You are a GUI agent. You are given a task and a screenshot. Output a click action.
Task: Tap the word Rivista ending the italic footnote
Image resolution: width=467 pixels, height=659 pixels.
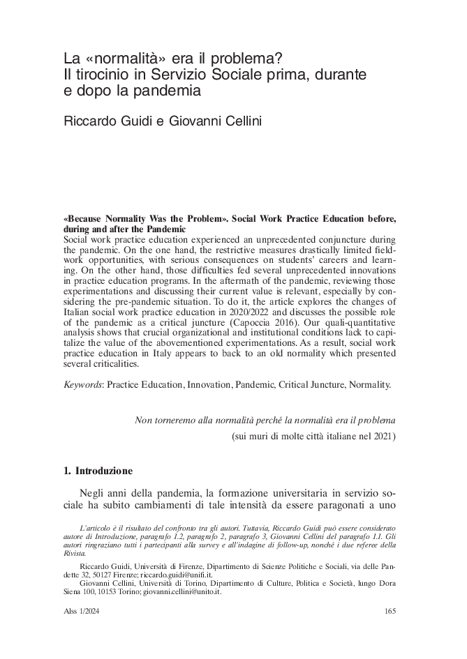point(75,549)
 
